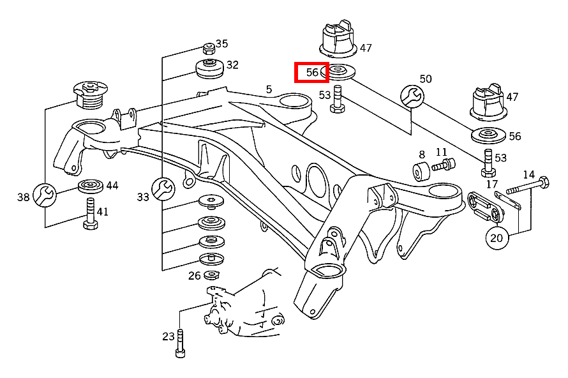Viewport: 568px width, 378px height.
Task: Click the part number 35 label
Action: [221, 44]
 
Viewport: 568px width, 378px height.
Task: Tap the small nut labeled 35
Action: [207, 47]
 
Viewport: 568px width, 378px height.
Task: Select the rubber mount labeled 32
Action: [208, 68]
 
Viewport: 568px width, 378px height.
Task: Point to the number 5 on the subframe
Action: [269, 89]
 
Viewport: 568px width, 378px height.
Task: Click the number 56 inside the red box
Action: [311, 73]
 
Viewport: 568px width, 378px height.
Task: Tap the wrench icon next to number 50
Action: [411, 96]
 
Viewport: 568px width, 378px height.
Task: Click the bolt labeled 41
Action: [89, 215]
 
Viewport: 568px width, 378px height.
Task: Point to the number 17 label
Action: [491, 185]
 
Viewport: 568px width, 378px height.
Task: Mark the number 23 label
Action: [168, 336]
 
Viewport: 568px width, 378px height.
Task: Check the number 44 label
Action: [112, 186]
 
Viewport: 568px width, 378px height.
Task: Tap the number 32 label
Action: [232, 64]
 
